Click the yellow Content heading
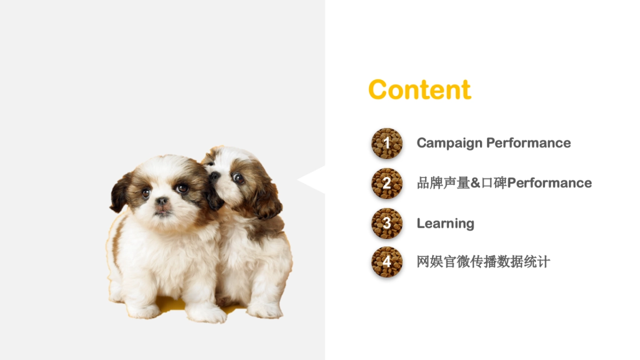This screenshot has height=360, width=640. point(419,90)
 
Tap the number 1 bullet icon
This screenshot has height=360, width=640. point(387,143)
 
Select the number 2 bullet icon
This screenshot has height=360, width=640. point(387,183)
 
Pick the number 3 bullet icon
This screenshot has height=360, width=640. point(387,223)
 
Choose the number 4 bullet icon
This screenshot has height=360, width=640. point(387,262)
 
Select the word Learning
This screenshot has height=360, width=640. point(445,223)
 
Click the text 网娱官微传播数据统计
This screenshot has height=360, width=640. point(483,262)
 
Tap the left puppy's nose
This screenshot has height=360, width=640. point(162,201)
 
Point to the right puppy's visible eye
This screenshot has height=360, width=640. point(238,178)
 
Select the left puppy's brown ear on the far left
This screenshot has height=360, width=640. point(121,192)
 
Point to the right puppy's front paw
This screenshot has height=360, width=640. point(264,310)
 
